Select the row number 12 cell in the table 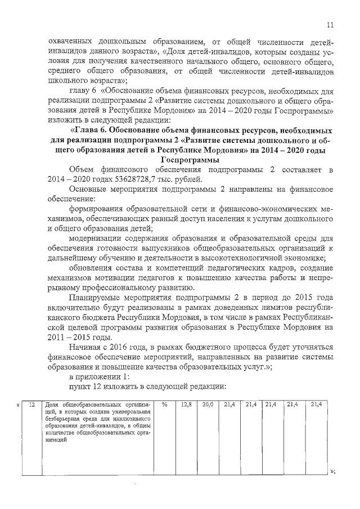point(33,404)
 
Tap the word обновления point(91,269)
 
